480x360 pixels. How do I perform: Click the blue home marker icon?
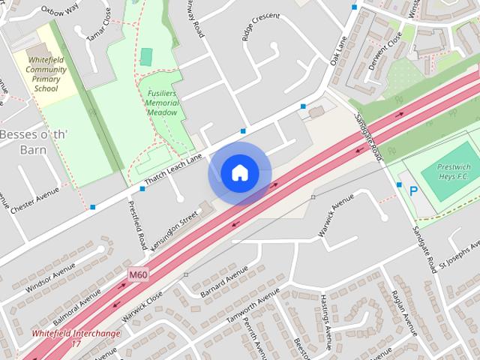pos(239,172)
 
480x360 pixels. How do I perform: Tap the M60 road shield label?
pos(137,275)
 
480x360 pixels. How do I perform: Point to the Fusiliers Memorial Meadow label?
pos(162,102)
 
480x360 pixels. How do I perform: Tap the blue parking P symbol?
pos(413,193)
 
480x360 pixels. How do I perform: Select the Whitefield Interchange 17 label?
pos(75,338)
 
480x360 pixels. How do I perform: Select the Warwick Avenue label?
pos(334,216)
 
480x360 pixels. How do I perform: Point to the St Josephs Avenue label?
pos(459,256)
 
